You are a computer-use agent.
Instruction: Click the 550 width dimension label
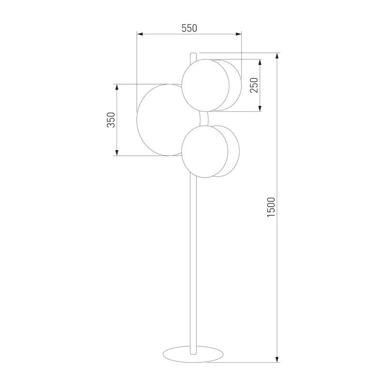click(x=189, y=28)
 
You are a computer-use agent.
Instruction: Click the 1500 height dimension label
click(x=271, y=207)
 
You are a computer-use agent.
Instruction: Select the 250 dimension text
click(x=254, y=85)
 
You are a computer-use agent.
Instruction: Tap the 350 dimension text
click(x=111, y=119)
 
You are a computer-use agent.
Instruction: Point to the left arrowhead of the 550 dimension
click(x=140, y=34)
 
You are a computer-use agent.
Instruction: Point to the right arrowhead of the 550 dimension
click(x=238, y=34)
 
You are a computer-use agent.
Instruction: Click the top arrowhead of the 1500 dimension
click(x=277, y=56)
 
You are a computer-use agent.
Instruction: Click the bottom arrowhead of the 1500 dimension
click(x=277, y=359)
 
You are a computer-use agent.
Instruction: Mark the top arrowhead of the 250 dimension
click(x=260, y=62)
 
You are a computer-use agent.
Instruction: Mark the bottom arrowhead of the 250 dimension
click(x=260, y=108)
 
